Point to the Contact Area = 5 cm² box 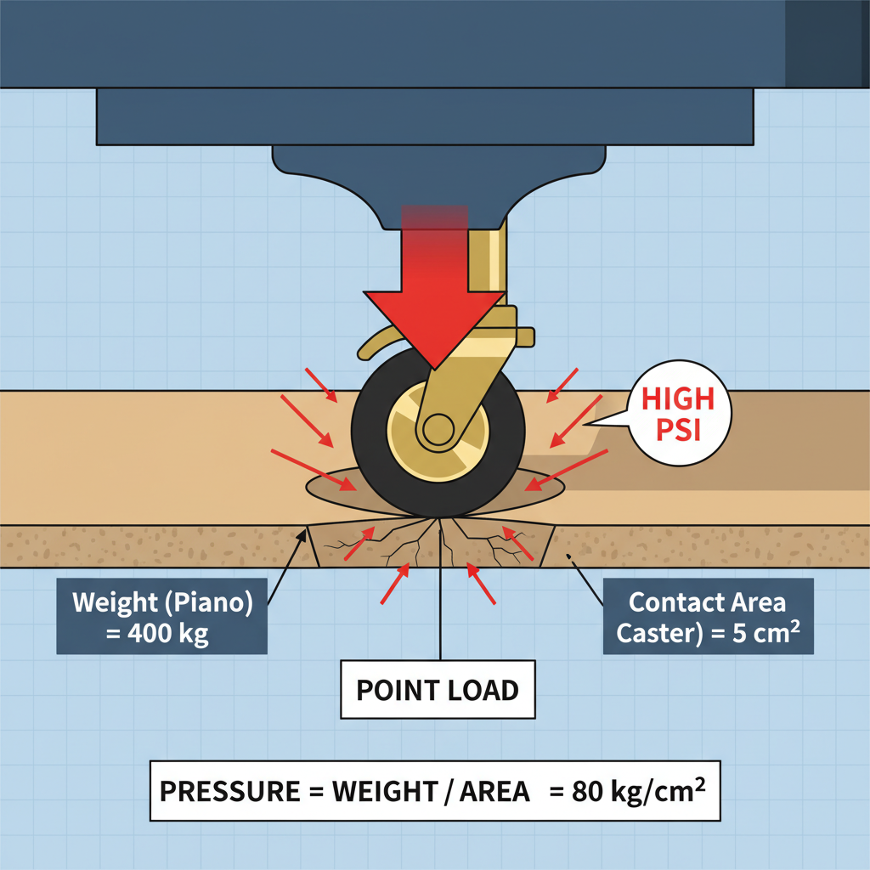(708, 617)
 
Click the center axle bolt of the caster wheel (438, 429)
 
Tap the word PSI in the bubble (679, 432)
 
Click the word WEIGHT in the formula (382, 792)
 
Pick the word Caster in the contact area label (658, 634)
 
